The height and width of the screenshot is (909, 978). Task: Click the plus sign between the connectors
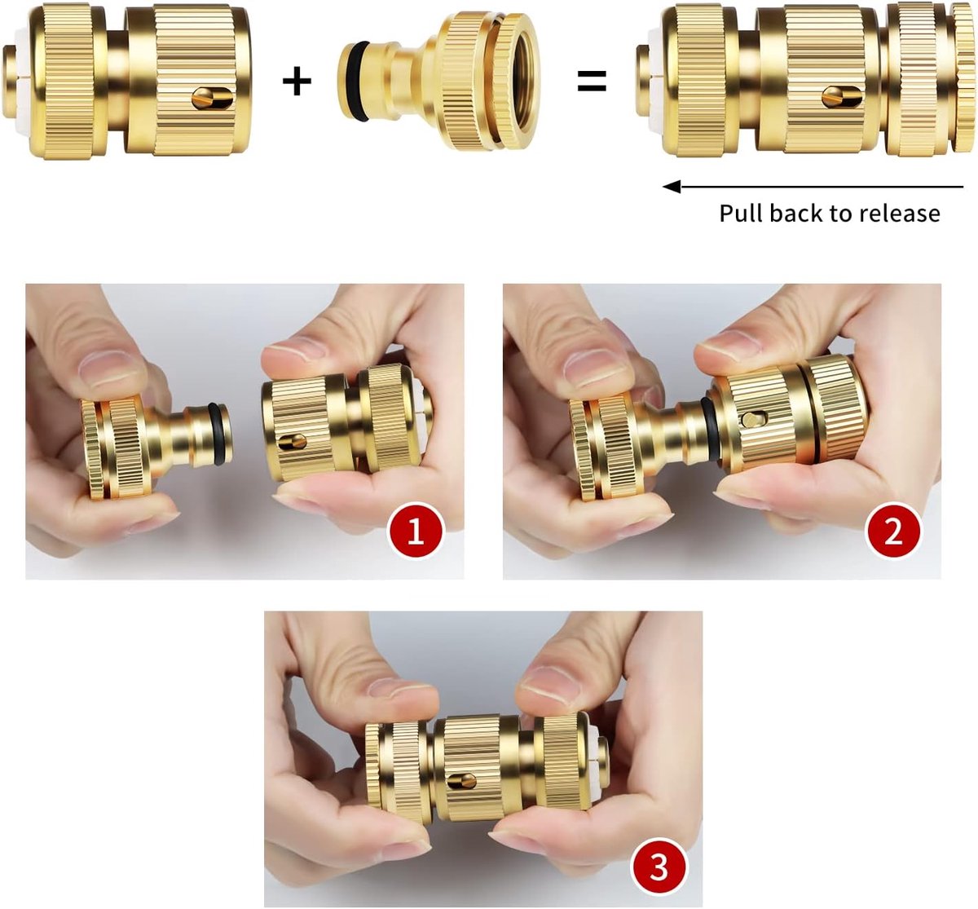(297, 82)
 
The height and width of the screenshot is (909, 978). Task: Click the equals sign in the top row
(592, 82)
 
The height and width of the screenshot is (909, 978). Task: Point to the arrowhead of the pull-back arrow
(672, 187)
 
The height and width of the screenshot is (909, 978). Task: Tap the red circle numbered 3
(659, 867)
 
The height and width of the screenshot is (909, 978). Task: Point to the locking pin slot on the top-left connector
(213, 98)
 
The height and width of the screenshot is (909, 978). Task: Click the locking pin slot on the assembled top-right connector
(842, 96)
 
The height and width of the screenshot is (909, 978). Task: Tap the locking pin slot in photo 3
(462, 781)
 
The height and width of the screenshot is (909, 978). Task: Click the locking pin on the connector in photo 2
(753, 419)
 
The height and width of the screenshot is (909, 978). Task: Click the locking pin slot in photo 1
(293, 442)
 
